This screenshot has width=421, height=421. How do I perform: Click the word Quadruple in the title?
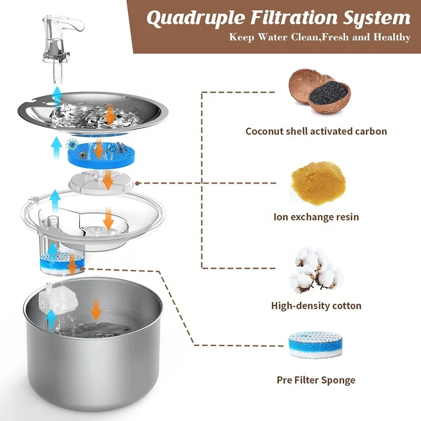click(x=189, y=18)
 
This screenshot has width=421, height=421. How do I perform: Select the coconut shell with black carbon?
click(x=318, y=92)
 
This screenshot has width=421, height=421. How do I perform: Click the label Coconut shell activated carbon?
click(x=316, y=131)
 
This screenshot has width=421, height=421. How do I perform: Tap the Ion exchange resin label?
click(x=316, y=216)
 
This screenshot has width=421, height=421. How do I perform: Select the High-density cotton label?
click(x=316, y=305)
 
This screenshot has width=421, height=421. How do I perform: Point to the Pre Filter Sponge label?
click(x=316, y=380)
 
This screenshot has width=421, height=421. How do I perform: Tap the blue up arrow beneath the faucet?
click(x=57, y=97)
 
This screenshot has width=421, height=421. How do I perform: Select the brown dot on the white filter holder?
click(x=137, y=184)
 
